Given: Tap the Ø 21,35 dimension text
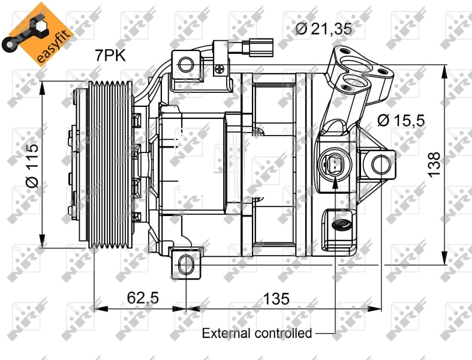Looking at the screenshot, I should click(323, 28).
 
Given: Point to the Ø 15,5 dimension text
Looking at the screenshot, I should click(401, 120).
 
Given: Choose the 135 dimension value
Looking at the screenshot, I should click(276, 298).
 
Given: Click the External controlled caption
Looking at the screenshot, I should click(257, 333).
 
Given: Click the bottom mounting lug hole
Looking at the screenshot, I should click(187, 263).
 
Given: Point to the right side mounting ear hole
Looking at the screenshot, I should click(380, 163).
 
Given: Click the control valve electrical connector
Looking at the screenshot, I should click(333, 164).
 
